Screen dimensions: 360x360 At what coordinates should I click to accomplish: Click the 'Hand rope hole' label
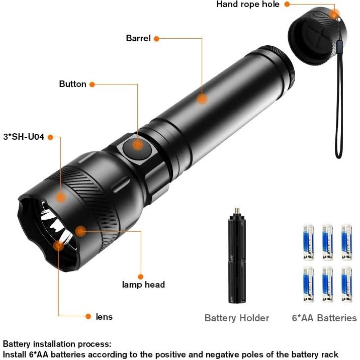click(248, 5)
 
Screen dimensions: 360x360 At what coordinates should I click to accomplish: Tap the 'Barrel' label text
click(138, 38)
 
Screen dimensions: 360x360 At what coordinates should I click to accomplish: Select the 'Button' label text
click(72, 84)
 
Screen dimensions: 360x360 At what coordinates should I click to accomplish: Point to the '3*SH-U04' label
click(24, 137)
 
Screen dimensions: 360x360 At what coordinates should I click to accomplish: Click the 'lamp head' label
click(143, 285)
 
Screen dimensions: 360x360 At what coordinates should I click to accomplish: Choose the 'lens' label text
click(104, 317)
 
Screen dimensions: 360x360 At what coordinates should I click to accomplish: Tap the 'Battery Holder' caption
click(237, 318)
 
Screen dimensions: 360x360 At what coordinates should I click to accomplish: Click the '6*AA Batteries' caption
click(324, 318)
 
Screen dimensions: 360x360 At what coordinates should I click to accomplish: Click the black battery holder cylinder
click(237, 257)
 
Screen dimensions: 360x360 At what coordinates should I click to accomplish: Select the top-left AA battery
click(309, 242)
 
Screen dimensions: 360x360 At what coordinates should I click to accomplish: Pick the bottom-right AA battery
click(346, 285)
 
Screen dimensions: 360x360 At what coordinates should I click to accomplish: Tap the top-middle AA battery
click(328, 242)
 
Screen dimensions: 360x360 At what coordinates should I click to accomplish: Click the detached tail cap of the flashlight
click(317, 37)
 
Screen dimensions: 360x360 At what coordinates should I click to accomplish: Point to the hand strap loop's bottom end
click(339, 157)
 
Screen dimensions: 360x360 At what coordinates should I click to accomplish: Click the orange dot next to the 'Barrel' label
click(156, 39)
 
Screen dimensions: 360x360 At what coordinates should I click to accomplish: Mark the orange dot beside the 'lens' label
click(88, 317)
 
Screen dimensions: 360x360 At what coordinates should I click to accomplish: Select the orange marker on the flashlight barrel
click(202, 99)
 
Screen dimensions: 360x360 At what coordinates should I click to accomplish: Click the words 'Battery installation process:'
click(57, 344)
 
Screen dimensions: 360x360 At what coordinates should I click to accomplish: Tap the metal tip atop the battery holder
click(237, 211)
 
